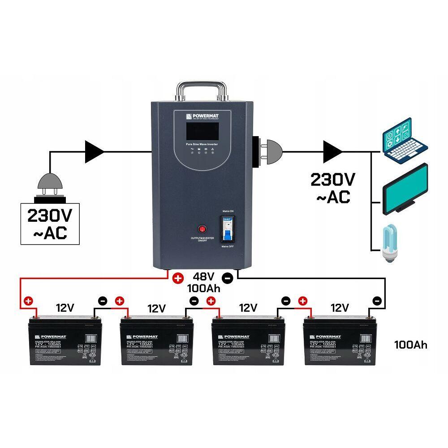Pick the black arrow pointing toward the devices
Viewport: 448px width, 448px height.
332,151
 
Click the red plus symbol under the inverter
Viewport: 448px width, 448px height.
178,278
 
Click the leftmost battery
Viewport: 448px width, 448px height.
65,340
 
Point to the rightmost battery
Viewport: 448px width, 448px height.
339,340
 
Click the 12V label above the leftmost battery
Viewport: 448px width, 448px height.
65,308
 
